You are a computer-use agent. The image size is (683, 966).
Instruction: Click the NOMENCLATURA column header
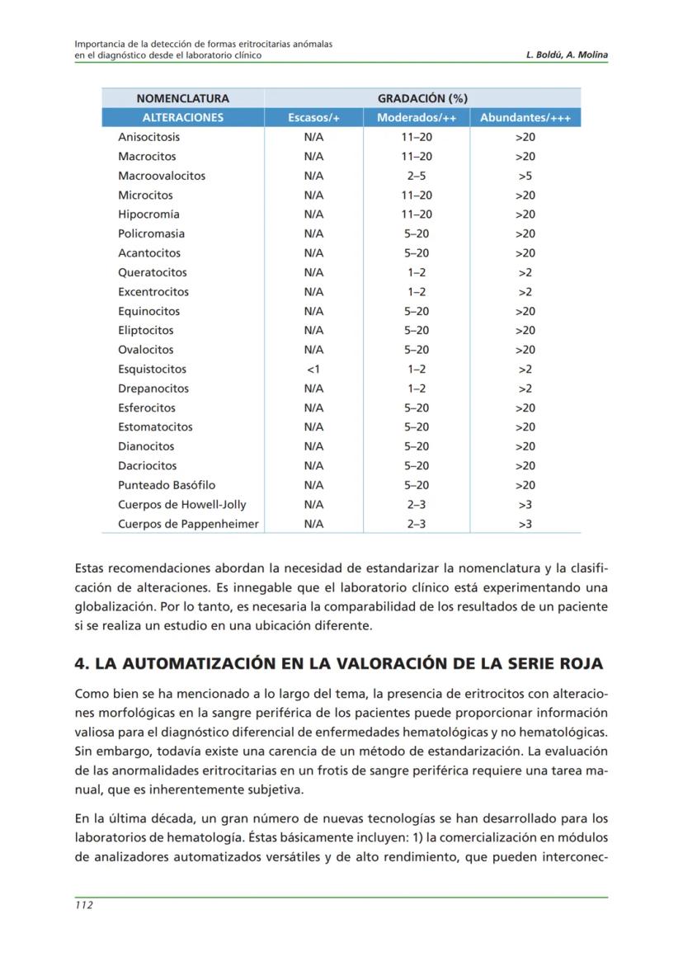[x=182, y=98]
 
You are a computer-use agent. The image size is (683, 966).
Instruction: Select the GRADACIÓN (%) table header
[x=422, y=98]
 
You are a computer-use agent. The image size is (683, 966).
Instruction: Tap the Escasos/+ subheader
[x=313, y=118]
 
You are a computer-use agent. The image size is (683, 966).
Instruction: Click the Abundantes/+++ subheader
[x=525, y=118]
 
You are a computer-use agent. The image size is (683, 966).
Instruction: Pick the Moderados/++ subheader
[x=417, y=118]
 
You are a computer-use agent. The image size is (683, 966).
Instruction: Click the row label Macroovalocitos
[x=162, y=176]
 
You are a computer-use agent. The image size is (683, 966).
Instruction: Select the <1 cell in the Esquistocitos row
[x=313, y=369]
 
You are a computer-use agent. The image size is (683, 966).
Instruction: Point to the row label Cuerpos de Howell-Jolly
[x=181, y=504]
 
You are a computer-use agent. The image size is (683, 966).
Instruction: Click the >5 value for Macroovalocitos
[x=525, y=176]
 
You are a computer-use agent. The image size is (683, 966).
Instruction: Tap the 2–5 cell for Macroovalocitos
[x=417, y=176]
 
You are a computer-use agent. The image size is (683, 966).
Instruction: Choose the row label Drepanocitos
[x=153, y=389]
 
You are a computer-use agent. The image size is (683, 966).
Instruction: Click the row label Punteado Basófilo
[x=167, y=485]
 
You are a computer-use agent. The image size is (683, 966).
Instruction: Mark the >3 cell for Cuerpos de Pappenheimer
[x=525, y=524]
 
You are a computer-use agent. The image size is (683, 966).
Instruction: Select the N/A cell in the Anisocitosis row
[x=313, y=137]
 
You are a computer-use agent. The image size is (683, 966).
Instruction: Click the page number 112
[x=83, y=905]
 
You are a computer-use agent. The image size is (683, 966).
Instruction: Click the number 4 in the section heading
[x=80, y=664]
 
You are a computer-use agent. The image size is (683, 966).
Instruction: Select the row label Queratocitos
[x=153, y=272]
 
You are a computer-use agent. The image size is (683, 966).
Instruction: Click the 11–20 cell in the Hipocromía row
[x=417, y=214]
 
